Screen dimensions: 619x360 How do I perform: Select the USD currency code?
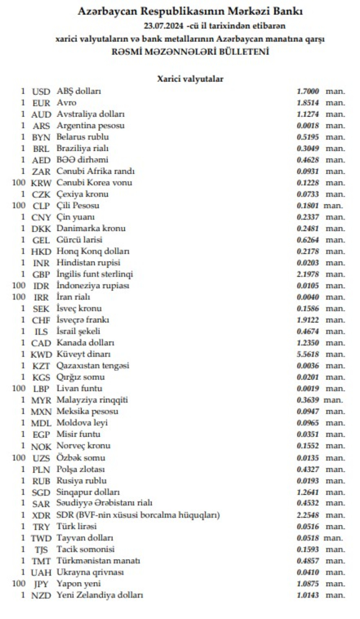tap(42, 91)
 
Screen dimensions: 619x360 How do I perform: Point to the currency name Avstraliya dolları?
tap(90, 114)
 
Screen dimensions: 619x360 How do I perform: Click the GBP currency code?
tap(42, 274)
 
